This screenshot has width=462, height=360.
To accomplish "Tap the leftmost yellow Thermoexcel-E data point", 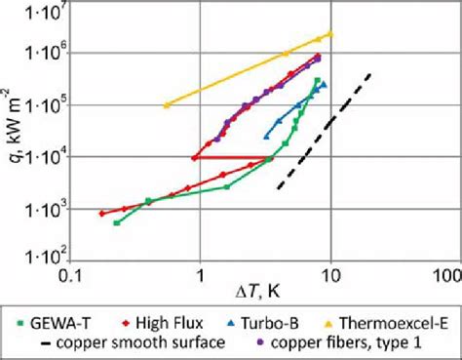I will pyautogui.click(x=168, y=104).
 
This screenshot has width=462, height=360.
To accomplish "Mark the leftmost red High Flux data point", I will pyautogui.click(x=101, y=213).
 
